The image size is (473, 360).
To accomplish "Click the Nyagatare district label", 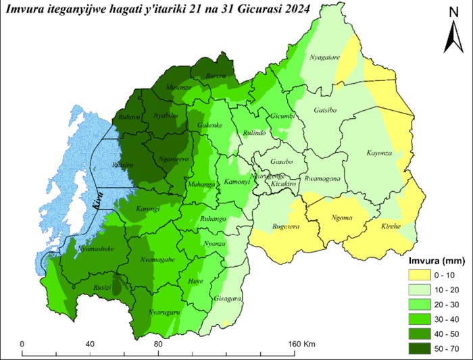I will click(x=324, y=59).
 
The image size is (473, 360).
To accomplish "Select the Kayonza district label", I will click(x=379, y=154).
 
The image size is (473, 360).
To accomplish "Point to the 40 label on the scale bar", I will click(x=90, y=344).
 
